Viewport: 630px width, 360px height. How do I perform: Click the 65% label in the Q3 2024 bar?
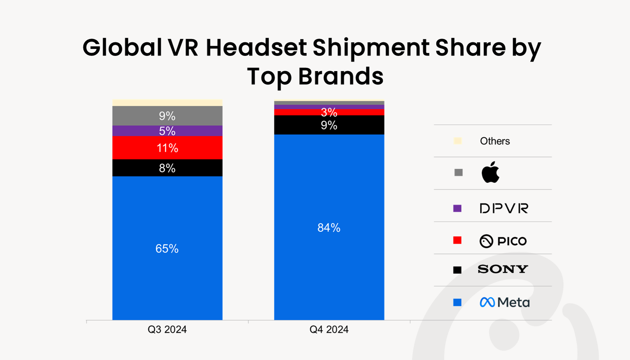(167, 249)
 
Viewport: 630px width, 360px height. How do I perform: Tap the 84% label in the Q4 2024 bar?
(329, 228)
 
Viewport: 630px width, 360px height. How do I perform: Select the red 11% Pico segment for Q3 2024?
(167, 148)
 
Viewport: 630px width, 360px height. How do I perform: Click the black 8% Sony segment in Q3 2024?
(167, 168)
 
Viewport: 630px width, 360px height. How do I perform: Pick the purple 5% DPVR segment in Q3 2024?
(167, 131)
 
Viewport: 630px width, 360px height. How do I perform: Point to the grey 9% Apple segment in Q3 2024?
(167, 116)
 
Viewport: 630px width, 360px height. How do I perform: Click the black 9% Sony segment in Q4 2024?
(329, 125)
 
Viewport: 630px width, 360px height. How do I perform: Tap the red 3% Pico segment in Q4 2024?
(329, 112)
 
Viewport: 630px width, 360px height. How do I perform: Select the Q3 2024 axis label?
(167, 330)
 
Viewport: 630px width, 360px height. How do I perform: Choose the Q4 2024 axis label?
(329, 330)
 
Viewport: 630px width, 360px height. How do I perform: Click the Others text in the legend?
(495, 141)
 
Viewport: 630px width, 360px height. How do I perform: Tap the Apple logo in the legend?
(490, 172)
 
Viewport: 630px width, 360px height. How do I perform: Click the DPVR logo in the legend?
(504, 208)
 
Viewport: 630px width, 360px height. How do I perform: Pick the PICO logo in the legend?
(503, 241)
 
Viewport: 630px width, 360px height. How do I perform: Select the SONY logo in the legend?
(503, 269)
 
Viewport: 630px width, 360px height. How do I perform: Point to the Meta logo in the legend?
(505, 302)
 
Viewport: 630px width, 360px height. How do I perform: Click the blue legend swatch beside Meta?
(457, 302)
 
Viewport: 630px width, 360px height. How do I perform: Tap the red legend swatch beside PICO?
(457, 240)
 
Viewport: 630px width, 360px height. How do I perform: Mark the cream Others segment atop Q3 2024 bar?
(167, 103)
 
